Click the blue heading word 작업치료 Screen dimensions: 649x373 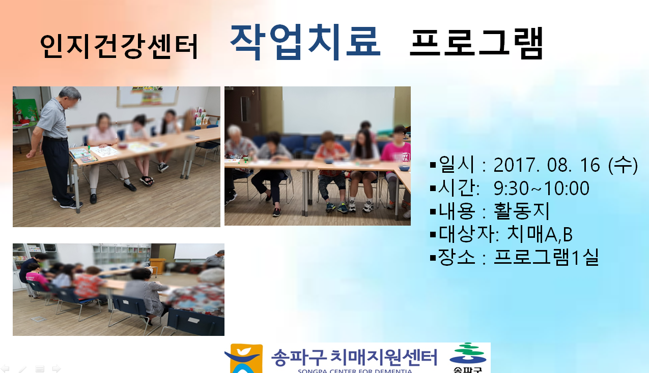point(305,42)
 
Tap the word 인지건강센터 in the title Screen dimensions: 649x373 point(119,46)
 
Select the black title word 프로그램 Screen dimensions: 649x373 point(476,43)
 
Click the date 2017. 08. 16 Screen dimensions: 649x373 point(547,165)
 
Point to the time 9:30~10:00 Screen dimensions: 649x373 point(542,188)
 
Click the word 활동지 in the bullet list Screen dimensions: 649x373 point(522,211)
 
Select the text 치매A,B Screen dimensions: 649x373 point(540,234)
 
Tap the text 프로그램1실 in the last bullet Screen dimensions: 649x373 point(546,257)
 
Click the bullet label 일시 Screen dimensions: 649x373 point(457,165)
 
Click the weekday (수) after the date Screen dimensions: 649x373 point(623,165)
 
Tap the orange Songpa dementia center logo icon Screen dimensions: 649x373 point(244,358)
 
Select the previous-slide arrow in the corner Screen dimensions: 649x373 point(5,368)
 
